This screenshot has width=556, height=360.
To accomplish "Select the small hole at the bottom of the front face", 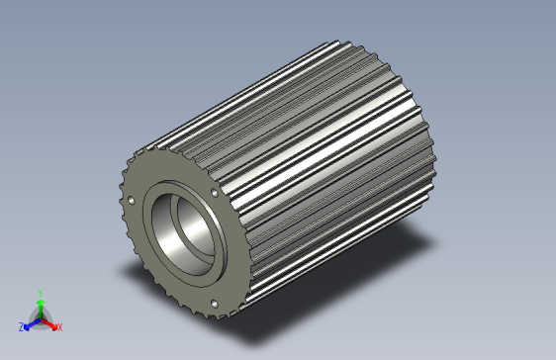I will [214, 302].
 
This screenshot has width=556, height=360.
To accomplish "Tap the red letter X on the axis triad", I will [59, 326].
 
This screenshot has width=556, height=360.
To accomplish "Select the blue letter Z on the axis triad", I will [22, 325].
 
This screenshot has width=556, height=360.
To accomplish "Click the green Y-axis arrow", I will [40, 306].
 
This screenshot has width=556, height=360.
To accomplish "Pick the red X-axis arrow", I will [50, 322].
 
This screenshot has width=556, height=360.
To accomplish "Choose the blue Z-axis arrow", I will [31, 322].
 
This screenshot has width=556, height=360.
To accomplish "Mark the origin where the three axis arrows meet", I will [41, 318].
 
